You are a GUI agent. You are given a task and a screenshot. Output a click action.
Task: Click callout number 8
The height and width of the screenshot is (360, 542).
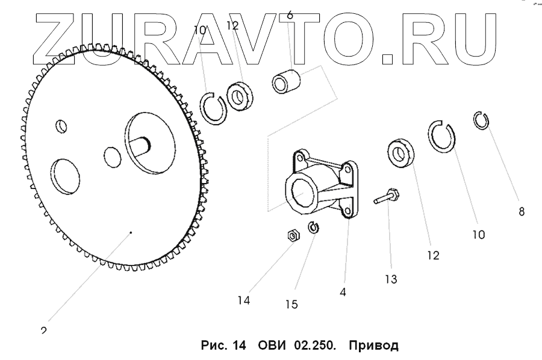point(522,211)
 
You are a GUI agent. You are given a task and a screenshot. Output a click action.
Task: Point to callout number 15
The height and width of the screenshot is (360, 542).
point(291,305)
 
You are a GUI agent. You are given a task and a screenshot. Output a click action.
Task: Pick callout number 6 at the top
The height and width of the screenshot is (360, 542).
point(290,15)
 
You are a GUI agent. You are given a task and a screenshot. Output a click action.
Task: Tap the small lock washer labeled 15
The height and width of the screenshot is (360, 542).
point(313,228)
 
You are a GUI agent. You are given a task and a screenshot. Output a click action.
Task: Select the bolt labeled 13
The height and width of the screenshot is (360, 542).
point(386,197)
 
